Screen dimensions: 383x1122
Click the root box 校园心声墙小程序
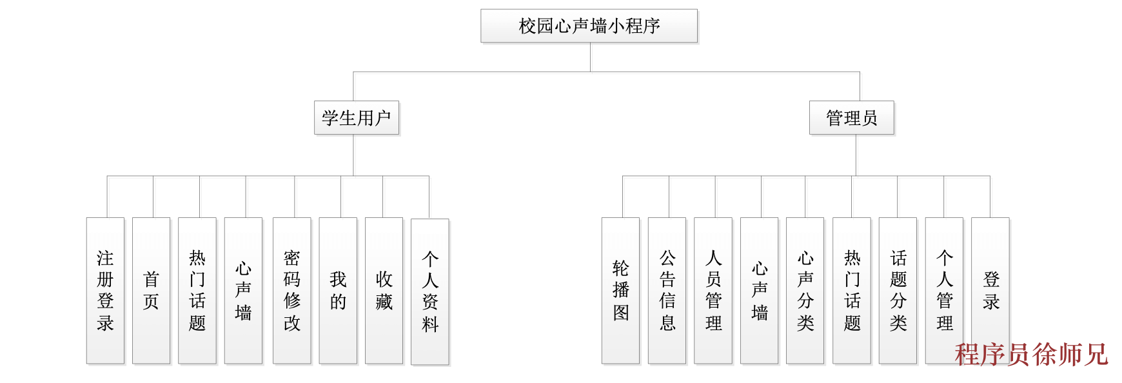(589, 26)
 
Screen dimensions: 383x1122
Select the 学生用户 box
(357, 118)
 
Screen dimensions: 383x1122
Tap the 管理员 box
(851, 118)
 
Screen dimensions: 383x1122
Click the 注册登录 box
(105, 290)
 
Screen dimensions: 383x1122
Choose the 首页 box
(151, 290)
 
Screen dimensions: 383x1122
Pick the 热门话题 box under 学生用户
(197, 290)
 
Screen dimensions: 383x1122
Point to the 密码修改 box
(291, 290)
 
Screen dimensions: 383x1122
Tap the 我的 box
(338, 290)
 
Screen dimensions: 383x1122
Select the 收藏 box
(384, 290)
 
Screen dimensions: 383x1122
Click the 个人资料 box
(429, 291)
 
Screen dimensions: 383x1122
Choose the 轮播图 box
(620, 290)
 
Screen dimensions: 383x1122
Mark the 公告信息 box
(667, 290)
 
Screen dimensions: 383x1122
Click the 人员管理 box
(713, 290)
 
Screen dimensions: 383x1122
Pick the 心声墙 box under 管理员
(759, 290)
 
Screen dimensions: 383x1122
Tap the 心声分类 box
(805, 290)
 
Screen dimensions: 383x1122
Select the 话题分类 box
(898, 290)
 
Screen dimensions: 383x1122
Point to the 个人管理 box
(944, 290)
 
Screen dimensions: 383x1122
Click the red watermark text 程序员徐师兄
(1030, 355)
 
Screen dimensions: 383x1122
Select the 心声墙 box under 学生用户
(243, 290)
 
